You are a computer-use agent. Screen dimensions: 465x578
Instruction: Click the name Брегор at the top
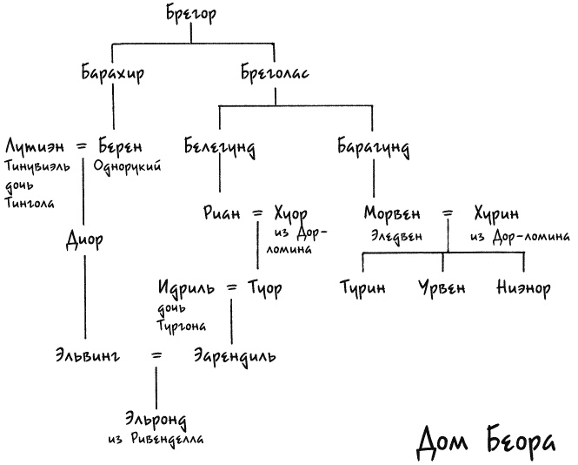(189, 14)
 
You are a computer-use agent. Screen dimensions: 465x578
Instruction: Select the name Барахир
(112, 74)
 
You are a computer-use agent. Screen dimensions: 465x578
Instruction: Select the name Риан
(222, 213)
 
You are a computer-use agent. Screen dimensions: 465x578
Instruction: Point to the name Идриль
(187, 286)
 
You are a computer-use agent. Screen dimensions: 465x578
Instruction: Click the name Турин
(362, 287)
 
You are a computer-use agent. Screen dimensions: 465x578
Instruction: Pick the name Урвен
(443, 287)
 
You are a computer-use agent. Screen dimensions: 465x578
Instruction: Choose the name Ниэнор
(523, 287)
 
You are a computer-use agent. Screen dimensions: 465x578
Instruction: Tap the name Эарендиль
(236, 356)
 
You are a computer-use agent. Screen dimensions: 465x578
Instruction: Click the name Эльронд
(156, 420)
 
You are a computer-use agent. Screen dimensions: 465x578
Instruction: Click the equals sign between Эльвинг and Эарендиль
(156, 355)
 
